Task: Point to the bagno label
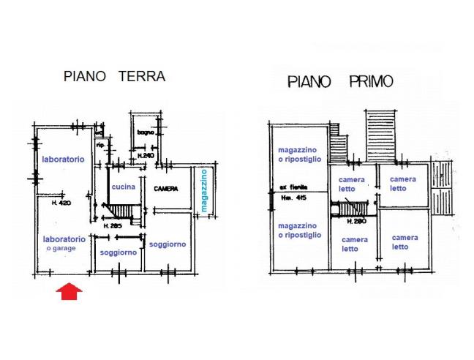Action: click(144, 132)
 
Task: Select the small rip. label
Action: click(102, 145)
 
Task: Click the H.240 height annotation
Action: click(146, 155)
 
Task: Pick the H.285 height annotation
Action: click(111, 226)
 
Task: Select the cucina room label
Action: click(122, 187)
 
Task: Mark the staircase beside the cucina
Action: click(121, 212)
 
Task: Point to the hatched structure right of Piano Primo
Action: click(442, 189)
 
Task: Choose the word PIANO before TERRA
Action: click(87, 76)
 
